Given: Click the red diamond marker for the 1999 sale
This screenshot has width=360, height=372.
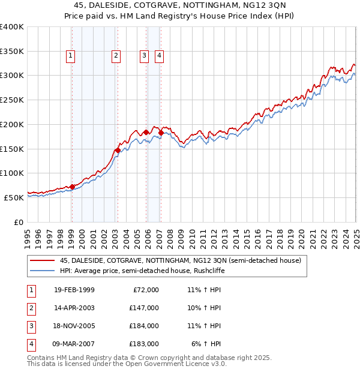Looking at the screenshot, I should point(72,187).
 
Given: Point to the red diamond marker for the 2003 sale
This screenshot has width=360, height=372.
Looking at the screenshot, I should point(118,151).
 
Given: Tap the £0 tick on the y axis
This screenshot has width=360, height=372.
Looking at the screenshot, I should point(17,221).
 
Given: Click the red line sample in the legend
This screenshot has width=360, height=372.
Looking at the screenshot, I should point(42,260).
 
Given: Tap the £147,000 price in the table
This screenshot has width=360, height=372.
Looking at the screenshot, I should point(144,308).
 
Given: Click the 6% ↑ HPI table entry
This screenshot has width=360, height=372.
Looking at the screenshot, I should point(206,344).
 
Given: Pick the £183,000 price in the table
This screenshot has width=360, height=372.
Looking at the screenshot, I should point(144,344).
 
